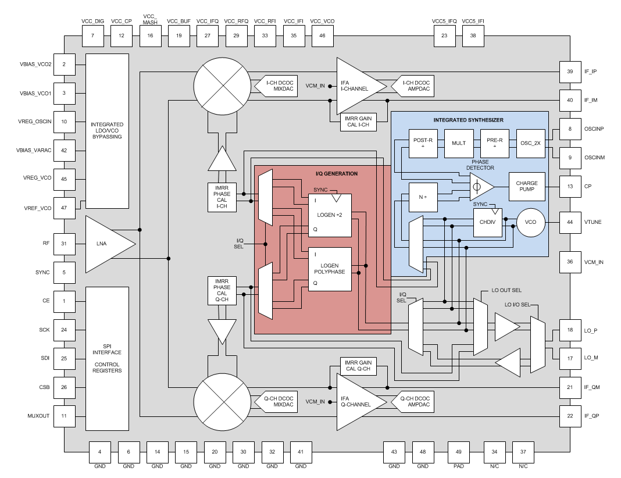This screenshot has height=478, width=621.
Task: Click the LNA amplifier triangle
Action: [108, 242]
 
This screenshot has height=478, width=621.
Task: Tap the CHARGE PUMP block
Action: [527, 187]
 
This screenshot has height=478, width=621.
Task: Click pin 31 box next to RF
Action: [64, 244]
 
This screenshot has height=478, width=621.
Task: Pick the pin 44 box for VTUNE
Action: [570, 222]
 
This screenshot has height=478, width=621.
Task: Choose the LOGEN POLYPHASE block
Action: [330, 269]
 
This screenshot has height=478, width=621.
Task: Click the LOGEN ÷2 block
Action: [330, 215]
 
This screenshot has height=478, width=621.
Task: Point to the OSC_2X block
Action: [530, 143]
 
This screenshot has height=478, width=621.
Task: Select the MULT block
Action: [458, 143]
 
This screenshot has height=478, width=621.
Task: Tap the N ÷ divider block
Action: [423, 198]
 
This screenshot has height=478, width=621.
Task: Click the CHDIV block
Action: [487, 223]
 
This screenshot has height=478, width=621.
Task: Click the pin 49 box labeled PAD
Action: [459, 452]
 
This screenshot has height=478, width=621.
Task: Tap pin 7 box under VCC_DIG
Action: [92, 36]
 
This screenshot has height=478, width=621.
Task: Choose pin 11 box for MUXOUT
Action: [64, 416]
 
